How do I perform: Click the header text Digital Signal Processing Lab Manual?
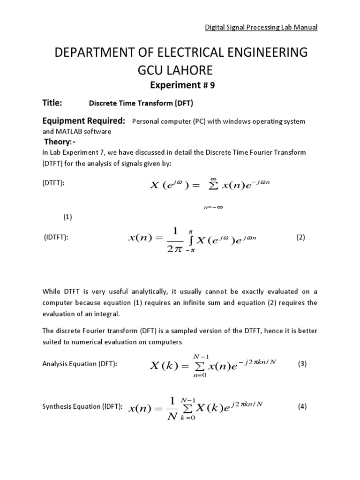click(262, 27)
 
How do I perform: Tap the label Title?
click(52, 103)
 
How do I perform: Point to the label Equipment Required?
click(84, 121)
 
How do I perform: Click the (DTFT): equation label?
click(53, 183)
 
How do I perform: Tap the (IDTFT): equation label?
click(56, 238)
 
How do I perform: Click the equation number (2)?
click(300, 237)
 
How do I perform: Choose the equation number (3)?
click(302, 364)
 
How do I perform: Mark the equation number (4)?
click(302, 406)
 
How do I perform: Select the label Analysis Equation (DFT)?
click(79, 364)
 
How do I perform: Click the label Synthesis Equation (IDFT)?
click(82, 407)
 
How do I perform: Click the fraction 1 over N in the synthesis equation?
click(172, 407)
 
